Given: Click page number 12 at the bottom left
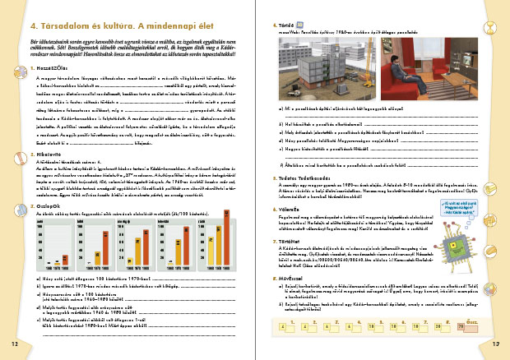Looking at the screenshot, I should coord(12,341).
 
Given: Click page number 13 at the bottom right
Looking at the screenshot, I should coord(496,341).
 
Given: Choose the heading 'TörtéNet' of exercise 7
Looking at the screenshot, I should coord(295,265).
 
